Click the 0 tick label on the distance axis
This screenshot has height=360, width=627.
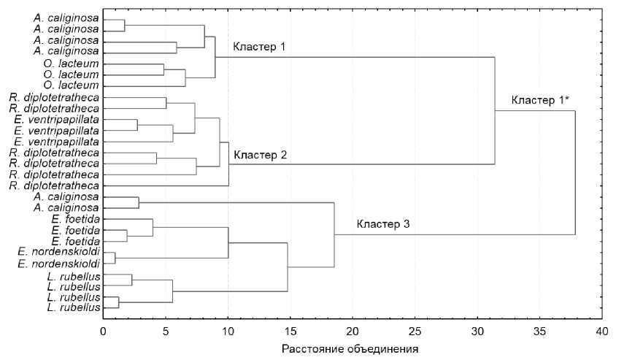pyautogui.click(x=103, y=331)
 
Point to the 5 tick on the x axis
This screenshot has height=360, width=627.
pyautogui.click(x=166, y=331)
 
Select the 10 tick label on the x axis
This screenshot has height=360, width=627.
pyautogui.click(x=228, y=331)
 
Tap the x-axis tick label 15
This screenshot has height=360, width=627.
pyautogui.click(x=291, y=331)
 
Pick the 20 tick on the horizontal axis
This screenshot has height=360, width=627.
pyautogui.click(x=353, y=331)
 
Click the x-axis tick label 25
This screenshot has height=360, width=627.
pyautogui.click(x=415, y=331)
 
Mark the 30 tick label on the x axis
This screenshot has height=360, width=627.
pyautogui.click(x=477, y=331)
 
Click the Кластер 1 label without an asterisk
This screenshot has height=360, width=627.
pyautogui.click(x=258, y=47)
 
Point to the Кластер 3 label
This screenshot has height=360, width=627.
pyautogui.click(x=383, y=223)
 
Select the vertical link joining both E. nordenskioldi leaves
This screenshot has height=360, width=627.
pyautogui.click(x=115, y=257)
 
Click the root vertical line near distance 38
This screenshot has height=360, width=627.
pyautogui.click(x=575, y=172)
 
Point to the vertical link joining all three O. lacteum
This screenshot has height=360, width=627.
pyautogui.click(x=185, y=77)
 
